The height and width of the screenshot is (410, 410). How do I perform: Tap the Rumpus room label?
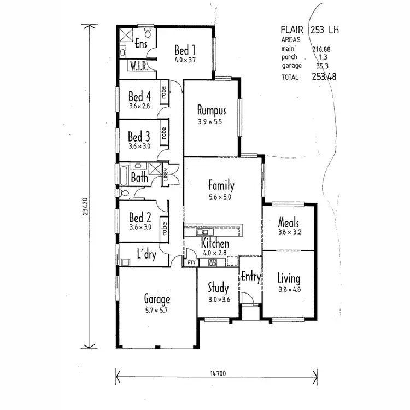coord(212,109)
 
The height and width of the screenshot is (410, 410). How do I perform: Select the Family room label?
coord(221,185)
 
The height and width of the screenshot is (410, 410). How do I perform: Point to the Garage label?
coord(157,299)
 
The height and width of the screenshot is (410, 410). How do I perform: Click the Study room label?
coord(218,288)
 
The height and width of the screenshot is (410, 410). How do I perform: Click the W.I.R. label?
coord(137,66)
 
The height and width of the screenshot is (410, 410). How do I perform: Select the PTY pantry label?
coord(191,263)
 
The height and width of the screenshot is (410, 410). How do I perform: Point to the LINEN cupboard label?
coord(166,175)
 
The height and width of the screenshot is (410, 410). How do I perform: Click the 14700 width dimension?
coord(217,374)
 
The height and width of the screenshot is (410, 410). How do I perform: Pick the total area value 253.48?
coord(324,77)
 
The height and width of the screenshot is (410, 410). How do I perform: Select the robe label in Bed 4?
coord(163,93)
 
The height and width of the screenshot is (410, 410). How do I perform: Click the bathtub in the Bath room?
coord(122,177)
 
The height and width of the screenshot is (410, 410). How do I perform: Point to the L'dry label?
coord(147,255)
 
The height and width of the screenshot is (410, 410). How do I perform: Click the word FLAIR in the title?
coord(292,30)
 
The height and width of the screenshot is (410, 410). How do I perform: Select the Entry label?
coord(251,277)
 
